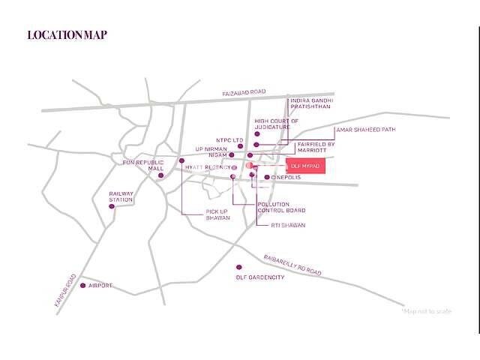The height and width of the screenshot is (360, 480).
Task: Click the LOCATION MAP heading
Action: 67,34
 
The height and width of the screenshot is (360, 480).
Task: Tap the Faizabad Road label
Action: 244,92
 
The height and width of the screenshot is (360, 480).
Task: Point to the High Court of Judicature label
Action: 276,123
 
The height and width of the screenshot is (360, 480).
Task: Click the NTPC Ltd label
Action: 229,139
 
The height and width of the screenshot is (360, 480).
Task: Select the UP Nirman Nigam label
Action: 216,152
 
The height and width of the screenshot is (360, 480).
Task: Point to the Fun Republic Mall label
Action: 144,165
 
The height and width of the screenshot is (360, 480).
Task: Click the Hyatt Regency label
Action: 208,166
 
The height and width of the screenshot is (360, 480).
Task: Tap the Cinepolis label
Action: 286,178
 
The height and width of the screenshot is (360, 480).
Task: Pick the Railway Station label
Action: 121,196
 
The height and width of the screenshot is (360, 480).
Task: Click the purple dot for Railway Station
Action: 113,206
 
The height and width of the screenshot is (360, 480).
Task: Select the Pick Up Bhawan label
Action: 217,214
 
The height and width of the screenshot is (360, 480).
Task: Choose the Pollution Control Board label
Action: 281,208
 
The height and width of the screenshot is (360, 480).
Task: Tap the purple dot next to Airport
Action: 82,285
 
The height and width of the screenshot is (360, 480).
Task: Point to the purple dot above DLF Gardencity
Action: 238,267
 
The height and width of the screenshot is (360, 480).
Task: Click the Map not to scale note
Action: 427,310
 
